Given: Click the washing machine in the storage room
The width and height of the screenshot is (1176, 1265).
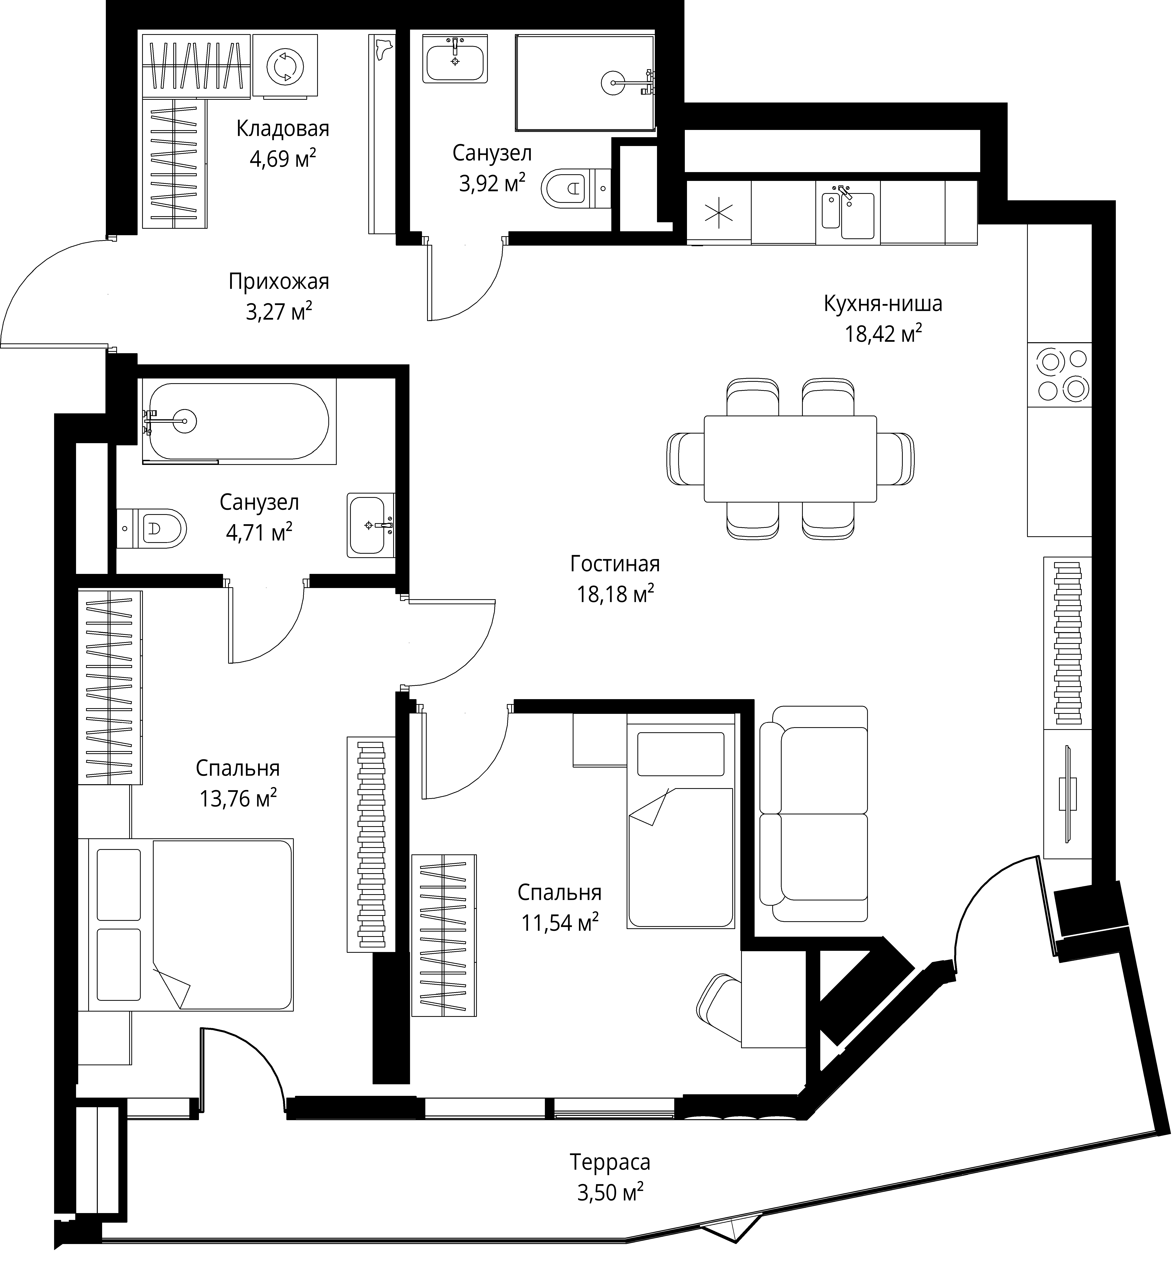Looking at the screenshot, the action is pyautogui.click(x=285, y=66).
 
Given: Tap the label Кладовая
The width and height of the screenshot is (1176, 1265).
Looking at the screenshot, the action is pyautogui.click(x=283, y=129).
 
